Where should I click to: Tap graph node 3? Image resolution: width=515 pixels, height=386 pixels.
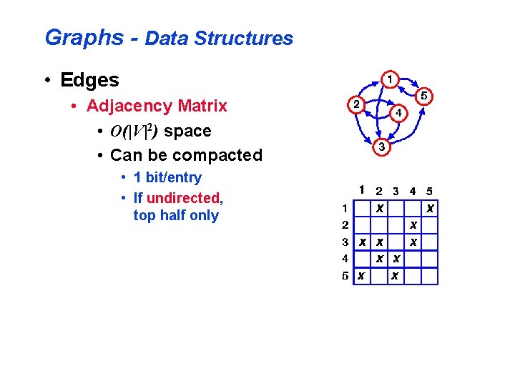383,147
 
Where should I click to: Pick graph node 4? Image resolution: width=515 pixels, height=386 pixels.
398,113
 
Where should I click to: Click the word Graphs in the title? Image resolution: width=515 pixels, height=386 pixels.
84,38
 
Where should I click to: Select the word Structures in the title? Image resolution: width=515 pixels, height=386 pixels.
244,39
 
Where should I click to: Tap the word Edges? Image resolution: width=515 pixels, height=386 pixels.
90,80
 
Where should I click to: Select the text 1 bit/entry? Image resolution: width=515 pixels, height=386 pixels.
167,177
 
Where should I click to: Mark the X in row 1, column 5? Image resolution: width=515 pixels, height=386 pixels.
429,209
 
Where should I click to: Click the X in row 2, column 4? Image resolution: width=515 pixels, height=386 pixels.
413,225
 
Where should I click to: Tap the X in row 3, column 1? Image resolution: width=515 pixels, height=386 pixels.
363,242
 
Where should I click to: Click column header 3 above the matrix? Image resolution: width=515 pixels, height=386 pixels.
396,192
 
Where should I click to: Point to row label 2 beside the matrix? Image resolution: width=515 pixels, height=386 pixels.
345,225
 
